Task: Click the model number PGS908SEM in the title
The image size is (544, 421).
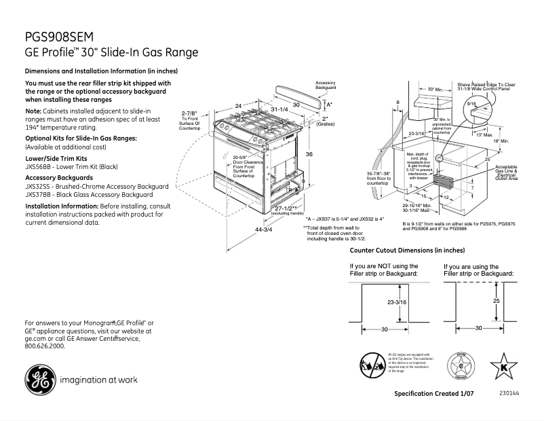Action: tap(59, 37)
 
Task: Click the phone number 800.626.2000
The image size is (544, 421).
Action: tap(45, 346)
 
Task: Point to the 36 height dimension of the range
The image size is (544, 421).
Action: tap(309, 155)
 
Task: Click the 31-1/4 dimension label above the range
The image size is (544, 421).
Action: tap(279, 109)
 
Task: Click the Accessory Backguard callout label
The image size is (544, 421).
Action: tap(326, 86)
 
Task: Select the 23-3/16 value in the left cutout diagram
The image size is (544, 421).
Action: tap(397, 302)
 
